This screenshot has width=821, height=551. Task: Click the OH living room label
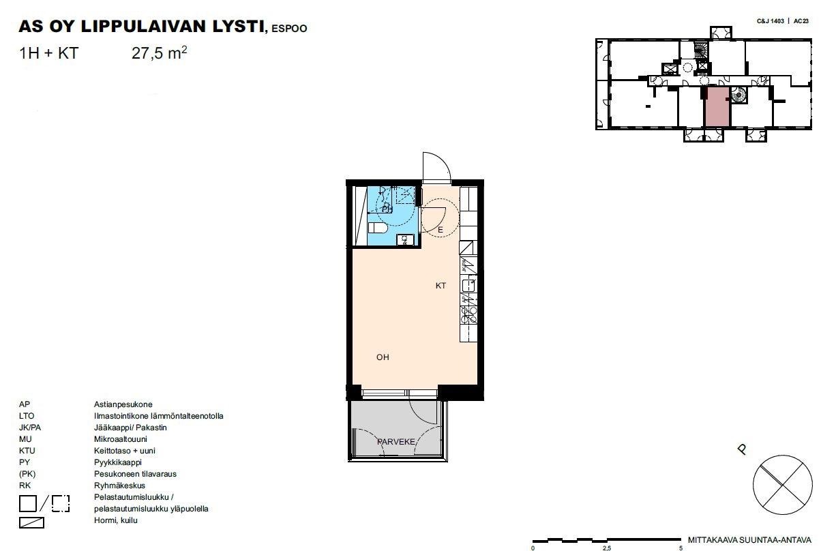point(383,357)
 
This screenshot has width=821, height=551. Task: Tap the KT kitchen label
point(441,286)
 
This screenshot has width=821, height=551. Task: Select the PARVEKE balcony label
point(395,442)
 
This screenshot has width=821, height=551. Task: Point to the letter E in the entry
point(441,230)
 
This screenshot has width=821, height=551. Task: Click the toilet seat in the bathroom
point(378,228)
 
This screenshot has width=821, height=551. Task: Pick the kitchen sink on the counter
point(468,285)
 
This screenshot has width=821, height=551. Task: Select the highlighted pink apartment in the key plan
point(717,106)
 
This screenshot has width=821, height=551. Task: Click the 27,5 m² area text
point(160,53)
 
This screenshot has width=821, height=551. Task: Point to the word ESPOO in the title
point(289,29)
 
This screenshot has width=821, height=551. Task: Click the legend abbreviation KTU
point(27,451)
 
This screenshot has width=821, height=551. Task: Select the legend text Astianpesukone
point(123,404)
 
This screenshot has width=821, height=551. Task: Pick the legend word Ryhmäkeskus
point(119,486)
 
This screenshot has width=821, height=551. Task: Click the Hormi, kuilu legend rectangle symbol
point(31,522)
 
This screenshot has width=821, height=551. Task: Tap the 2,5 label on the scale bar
point(607,548)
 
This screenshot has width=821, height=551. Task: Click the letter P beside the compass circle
point(742,449)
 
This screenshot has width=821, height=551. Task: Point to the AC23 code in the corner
point(801,21)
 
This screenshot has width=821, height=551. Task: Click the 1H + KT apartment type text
point(48,53)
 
